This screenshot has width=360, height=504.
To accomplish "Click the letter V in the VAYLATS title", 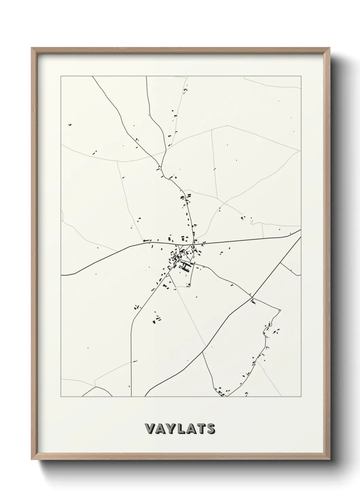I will (149, 429).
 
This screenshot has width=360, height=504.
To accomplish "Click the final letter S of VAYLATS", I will (210, 429).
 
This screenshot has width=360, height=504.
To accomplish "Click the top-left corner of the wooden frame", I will (32, 48).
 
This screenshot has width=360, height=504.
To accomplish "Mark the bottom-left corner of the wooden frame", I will (32, 458).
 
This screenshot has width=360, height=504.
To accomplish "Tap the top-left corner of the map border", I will (61, 76).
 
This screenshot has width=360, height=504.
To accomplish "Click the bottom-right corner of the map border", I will (301, 397).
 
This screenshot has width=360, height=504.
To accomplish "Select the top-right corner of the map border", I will (301, 76).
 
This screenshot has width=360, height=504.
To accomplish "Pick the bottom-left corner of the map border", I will (61, 397).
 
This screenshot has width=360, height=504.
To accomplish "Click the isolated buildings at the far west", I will (70, 125).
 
